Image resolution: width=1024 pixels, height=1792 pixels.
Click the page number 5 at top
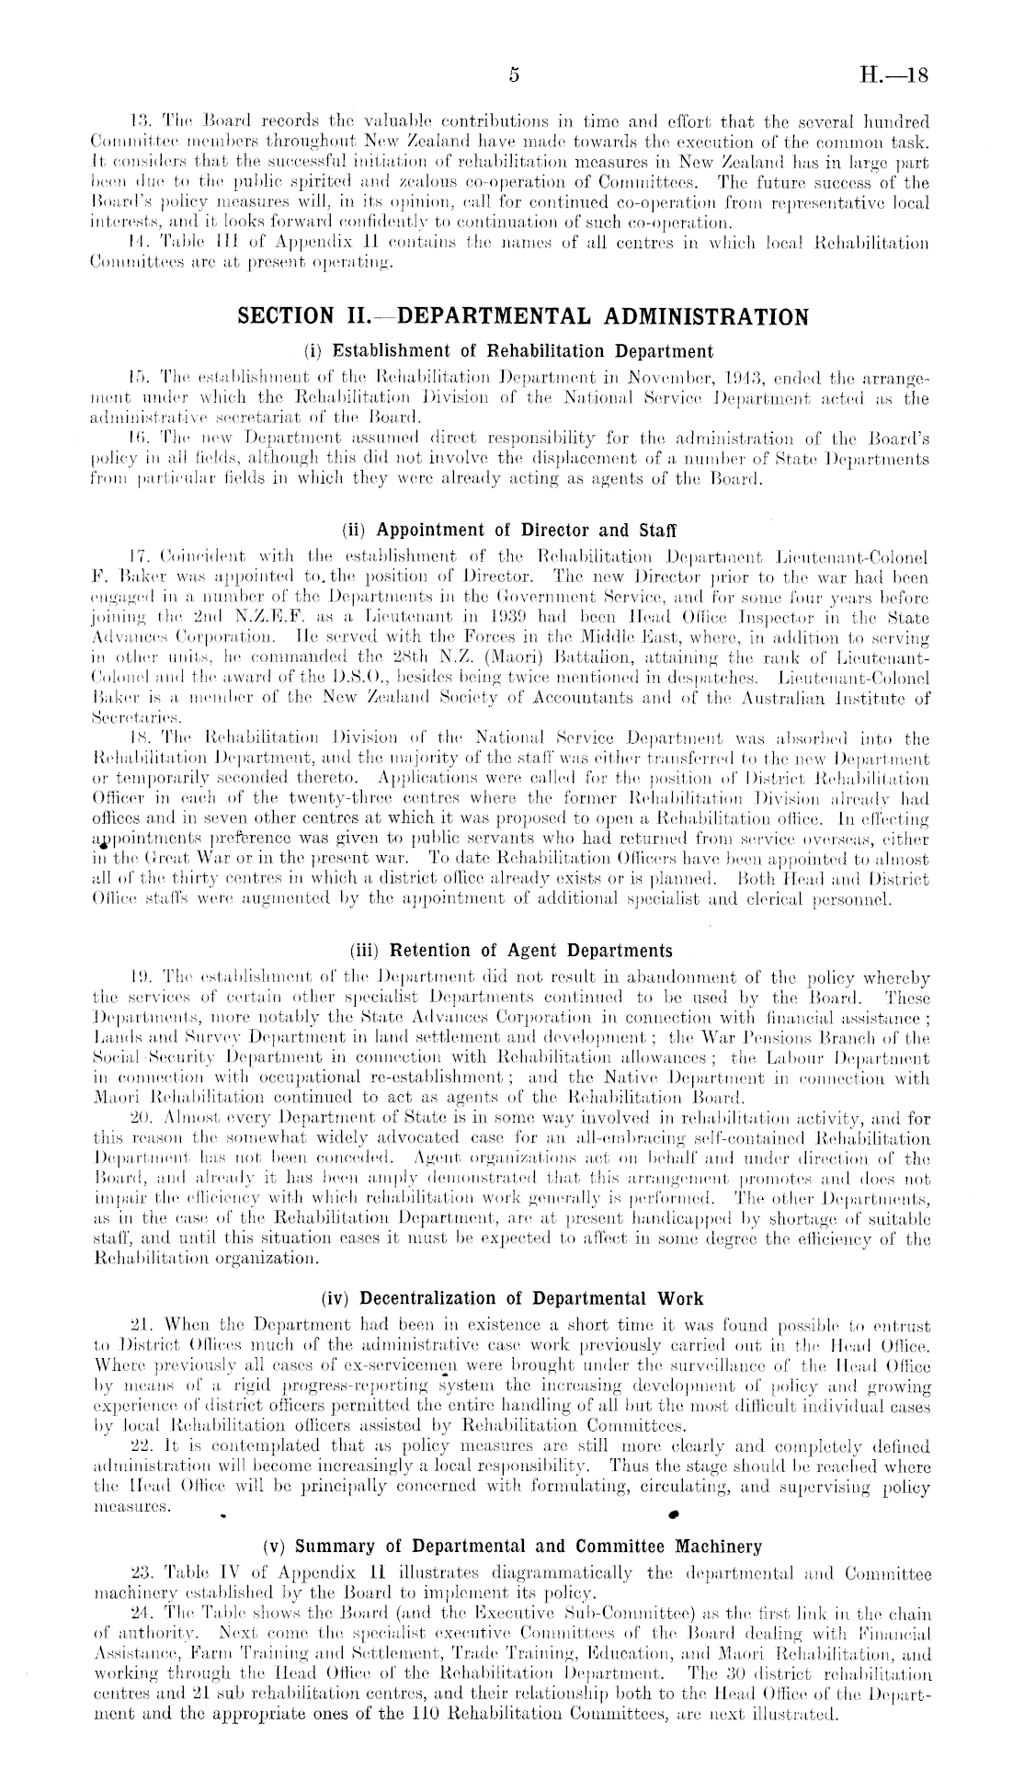515,77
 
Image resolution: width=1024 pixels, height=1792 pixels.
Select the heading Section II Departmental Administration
523,317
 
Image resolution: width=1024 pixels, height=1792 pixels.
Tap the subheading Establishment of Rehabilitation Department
508,350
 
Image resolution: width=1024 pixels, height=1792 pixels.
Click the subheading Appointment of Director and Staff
508,531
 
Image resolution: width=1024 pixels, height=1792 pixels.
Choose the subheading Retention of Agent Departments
511,951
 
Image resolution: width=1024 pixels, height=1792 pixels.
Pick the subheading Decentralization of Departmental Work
512,1299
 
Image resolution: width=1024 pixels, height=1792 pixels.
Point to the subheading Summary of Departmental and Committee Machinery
512,1547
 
